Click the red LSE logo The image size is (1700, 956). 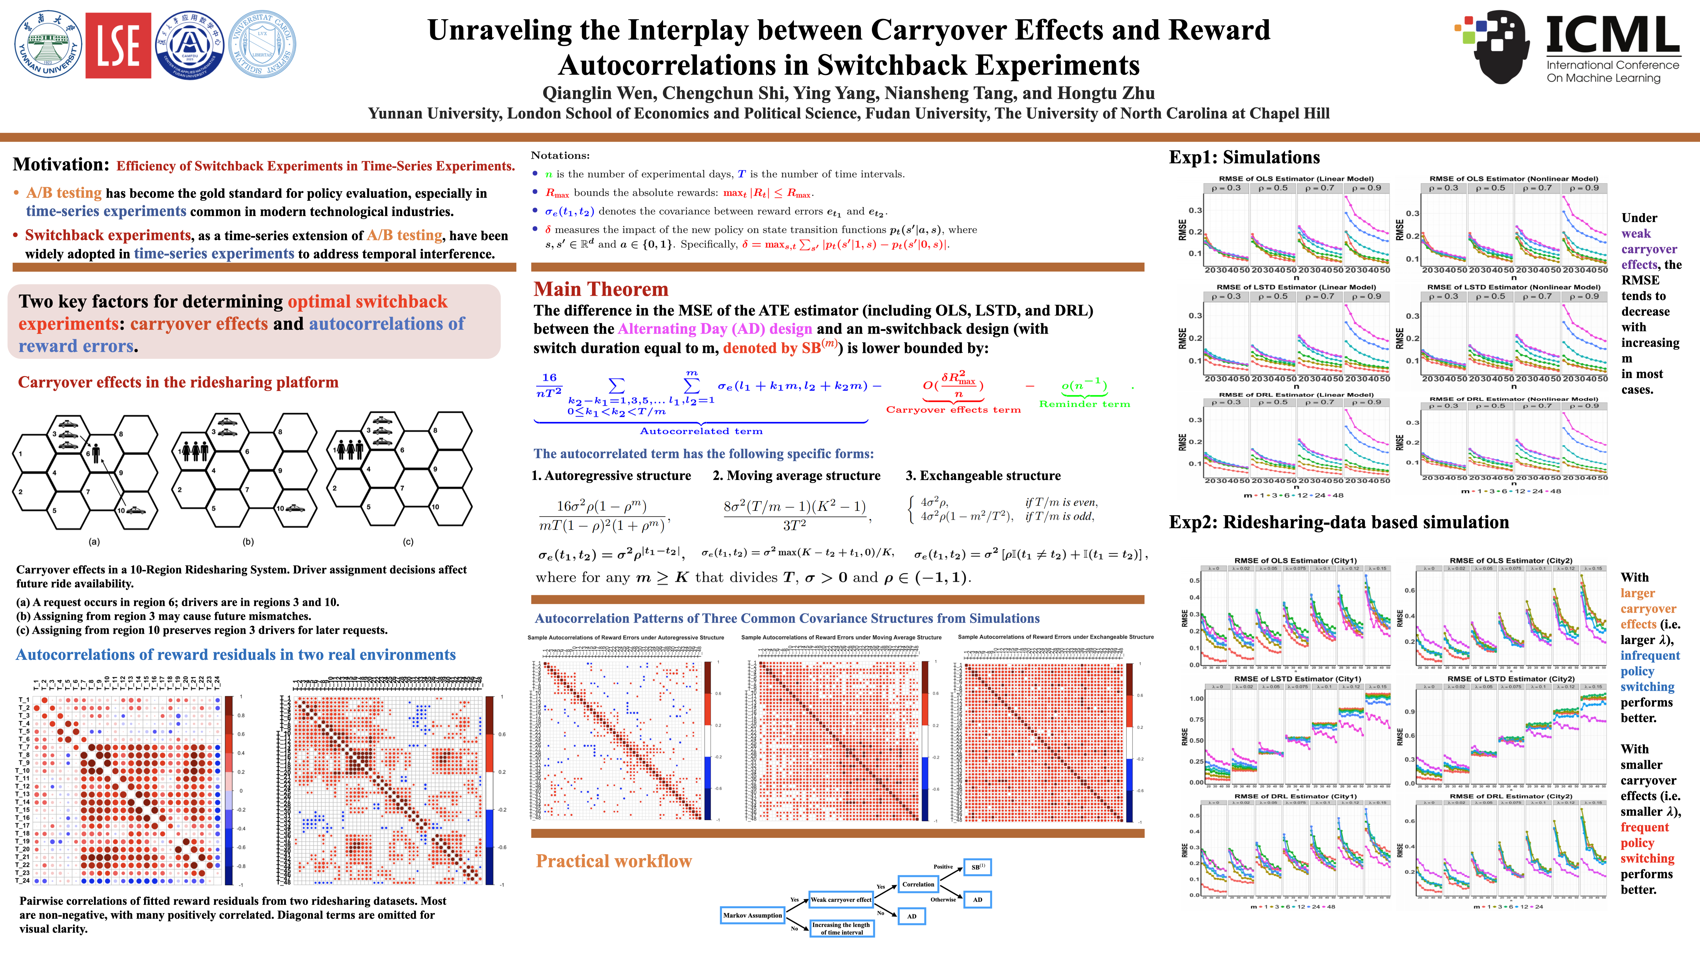[x=118, y=45]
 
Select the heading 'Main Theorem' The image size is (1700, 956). [x=601, y=289]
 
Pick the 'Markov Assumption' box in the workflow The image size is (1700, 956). [x=752, y=915]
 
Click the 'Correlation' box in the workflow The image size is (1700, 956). [x=918, y=884]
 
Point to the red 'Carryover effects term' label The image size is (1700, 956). [x=953, y=410]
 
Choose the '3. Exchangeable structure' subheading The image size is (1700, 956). [x=983, y=476]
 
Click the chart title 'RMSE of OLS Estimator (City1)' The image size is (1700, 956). [x=1296, y=560]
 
